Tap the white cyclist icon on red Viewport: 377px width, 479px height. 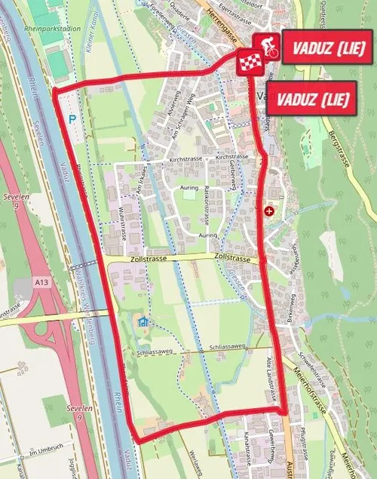point(265,45)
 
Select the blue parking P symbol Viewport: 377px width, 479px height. point(72,118)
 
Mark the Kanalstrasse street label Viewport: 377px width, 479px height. point(247,450)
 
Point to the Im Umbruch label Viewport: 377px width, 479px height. point(43,452)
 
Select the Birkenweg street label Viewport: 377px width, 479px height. point(291,306)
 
